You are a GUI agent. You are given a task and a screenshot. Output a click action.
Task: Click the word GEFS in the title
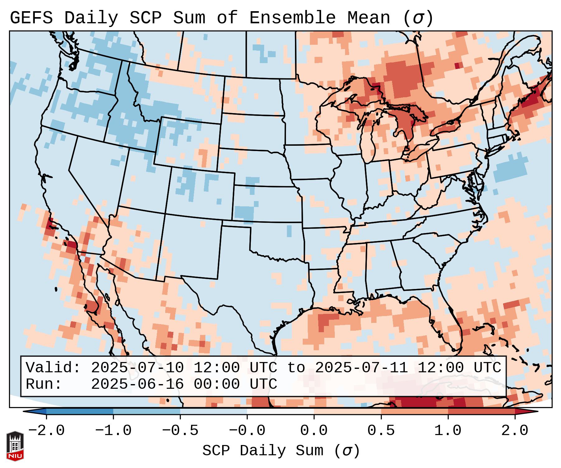[x=31, y=18]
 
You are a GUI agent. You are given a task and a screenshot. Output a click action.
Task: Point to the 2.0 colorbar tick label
[x=515, y=431]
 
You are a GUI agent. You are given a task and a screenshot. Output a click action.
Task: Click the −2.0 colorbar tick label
[x=46, y=431]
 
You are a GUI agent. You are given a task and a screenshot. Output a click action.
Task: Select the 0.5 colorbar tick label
[x=381, y=431]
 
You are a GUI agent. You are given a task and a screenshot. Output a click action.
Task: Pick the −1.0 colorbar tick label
[x=113, y=431]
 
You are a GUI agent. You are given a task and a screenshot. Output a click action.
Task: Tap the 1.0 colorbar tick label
[x=448, y=431]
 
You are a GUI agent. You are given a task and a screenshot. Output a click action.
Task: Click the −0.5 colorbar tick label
[x=180, y=431]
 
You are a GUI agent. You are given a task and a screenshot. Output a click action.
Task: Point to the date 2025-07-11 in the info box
[x=362, y=368]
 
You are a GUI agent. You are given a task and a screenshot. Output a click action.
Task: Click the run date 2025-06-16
[x=138, y=384]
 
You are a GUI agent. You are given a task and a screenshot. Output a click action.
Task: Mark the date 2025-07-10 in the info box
[x=138, y=368]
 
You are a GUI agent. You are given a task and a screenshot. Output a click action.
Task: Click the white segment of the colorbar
[x=280, y=412]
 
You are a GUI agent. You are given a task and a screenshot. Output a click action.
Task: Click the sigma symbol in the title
[x=418, y=18]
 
